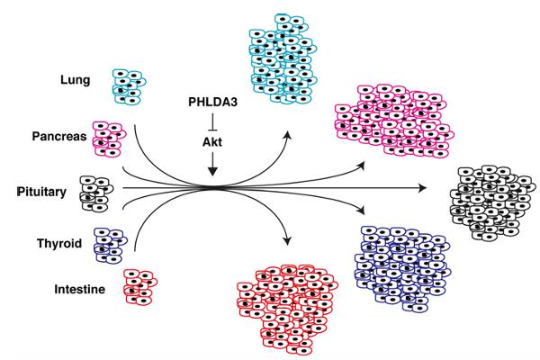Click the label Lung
(x=76, y=80)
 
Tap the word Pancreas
(x=59, y=137)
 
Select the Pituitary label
(x=41, y=192)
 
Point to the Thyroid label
(x=59, y=244)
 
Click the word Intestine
(x=80, y=289)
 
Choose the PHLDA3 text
(x=212, y=102)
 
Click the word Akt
(x=212, y=142)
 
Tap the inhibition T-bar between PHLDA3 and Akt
(x=212, y=122)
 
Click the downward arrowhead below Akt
(x=212, y=171)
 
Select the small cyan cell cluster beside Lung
(x=129, y=86)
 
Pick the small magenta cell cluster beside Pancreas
(x=109, y=139)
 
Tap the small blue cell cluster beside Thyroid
(x=110, y=246)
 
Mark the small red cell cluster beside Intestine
(x=140, y=287)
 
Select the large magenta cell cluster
(x=394, y=121)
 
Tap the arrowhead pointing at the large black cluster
(x=422, y=188)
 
